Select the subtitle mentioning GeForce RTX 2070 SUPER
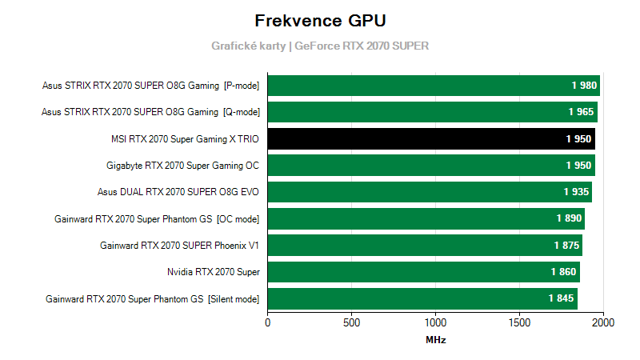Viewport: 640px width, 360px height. tap(320, 46)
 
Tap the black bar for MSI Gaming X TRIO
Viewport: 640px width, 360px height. tap(430, 138)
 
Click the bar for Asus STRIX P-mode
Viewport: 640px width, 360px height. tap(433, 85)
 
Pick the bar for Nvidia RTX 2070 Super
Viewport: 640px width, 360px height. tap(423, 272)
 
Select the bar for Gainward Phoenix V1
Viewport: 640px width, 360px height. tap(425, 245)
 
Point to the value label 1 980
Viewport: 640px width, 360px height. tap(584, 85)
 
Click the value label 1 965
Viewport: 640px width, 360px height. tap(582, 112)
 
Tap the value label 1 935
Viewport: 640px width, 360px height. tap(576, 192)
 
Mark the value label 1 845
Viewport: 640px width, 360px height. tap(562, 298)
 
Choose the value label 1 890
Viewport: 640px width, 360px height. tap(569, 218)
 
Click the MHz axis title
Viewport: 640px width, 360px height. tap(435, 340)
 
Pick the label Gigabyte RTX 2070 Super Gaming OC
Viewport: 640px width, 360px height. tap(182, 166)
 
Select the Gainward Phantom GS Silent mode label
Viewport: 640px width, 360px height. tap(152, 298)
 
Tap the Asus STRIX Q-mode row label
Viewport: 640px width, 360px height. tap(150, 112)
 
